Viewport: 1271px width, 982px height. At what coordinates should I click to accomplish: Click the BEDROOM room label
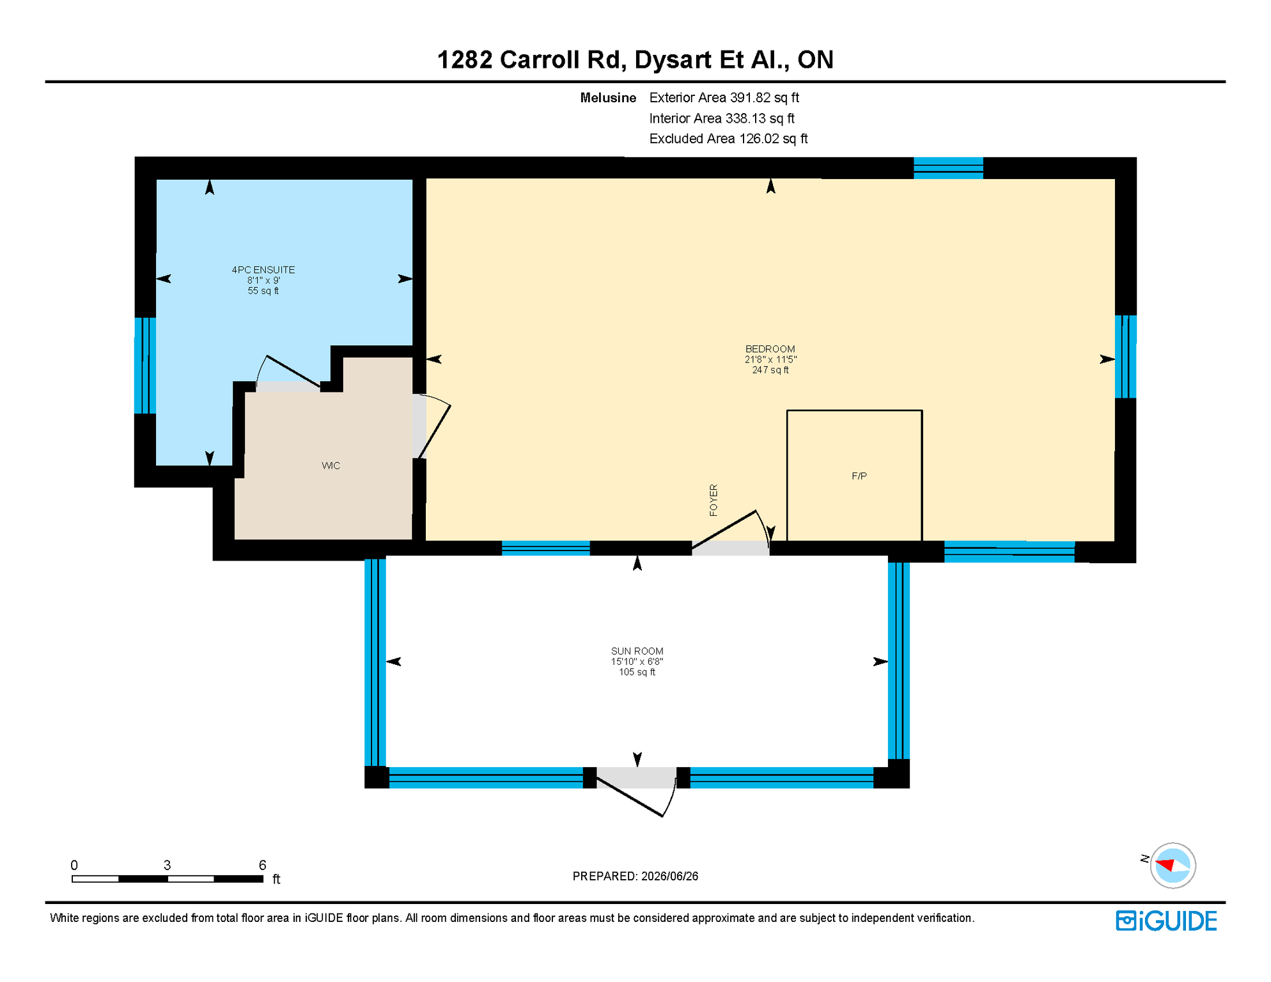(770, 349)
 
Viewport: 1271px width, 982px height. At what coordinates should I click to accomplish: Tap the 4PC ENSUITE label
(263, 270)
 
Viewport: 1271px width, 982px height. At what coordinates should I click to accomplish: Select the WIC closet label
(331, 465)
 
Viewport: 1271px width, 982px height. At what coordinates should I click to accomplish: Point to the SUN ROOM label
(637, 651)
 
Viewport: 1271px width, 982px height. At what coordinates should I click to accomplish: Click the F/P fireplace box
(854, 476)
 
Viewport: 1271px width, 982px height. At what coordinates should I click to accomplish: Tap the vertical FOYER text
(713, 500)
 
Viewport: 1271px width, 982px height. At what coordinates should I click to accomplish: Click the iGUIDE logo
(1166, 921)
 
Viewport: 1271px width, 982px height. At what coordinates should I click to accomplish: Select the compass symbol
(1173, 866)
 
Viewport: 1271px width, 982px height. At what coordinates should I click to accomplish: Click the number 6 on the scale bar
(262, 865)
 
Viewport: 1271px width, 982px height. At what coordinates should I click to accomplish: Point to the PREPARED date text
(635, 876)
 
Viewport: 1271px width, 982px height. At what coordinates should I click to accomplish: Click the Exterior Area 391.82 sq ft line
(724, 98)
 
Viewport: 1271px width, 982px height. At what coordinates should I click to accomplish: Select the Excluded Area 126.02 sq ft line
(728, 139)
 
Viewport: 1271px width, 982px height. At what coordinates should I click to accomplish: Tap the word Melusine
(608, 98)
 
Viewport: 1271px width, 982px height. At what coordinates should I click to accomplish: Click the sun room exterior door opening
(636, 778)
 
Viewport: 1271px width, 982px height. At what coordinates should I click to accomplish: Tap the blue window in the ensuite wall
(145, 366)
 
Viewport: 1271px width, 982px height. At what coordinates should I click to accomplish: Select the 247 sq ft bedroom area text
(770, 370)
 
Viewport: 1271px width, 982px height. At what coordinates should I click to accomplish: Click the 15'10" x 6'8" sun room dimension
(637, 662)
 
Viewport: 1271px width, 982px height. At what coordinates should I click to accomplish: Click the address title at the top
(635, 59)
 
